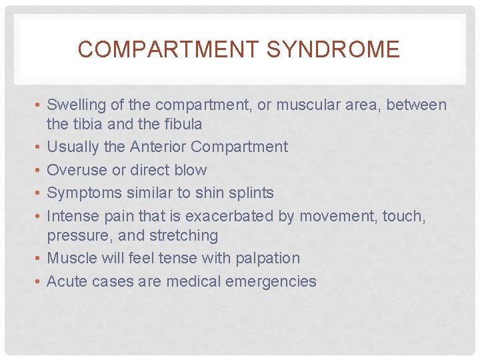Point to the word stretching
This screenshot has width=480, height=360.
click(187, 235)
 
